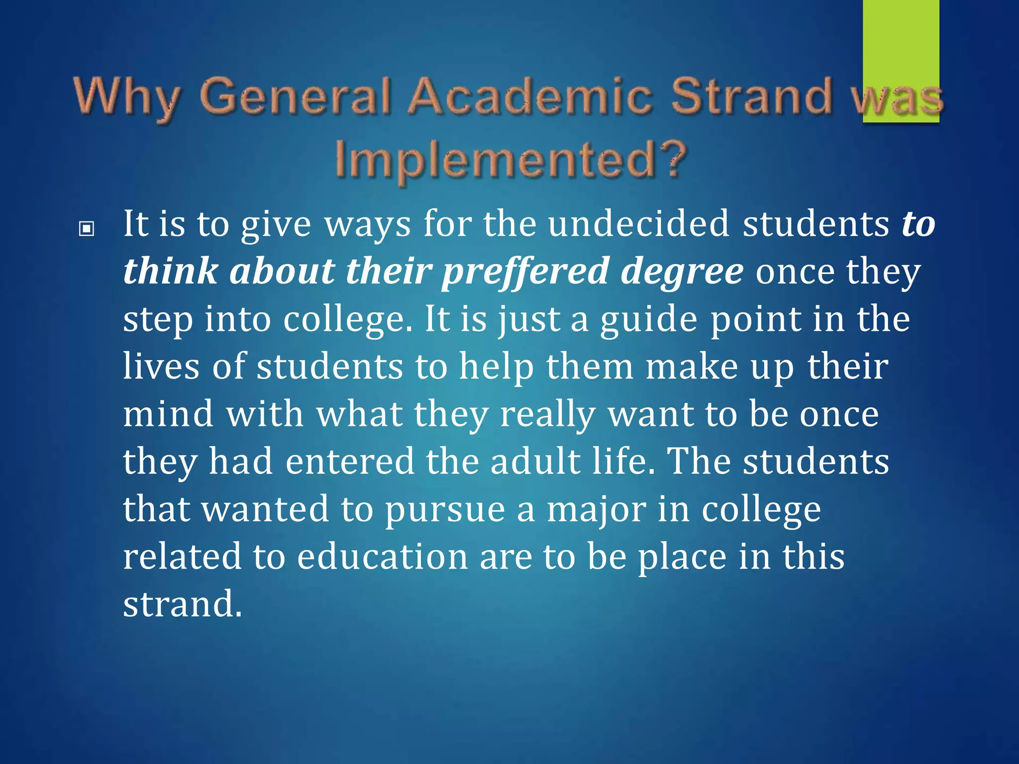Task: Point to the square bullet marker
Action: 87,229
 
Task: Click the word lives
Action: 161,366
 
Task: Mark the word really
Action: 547,414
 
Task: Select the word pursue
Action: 445,509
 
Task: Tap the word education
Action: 382,556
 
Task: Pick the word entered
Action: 350,461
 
